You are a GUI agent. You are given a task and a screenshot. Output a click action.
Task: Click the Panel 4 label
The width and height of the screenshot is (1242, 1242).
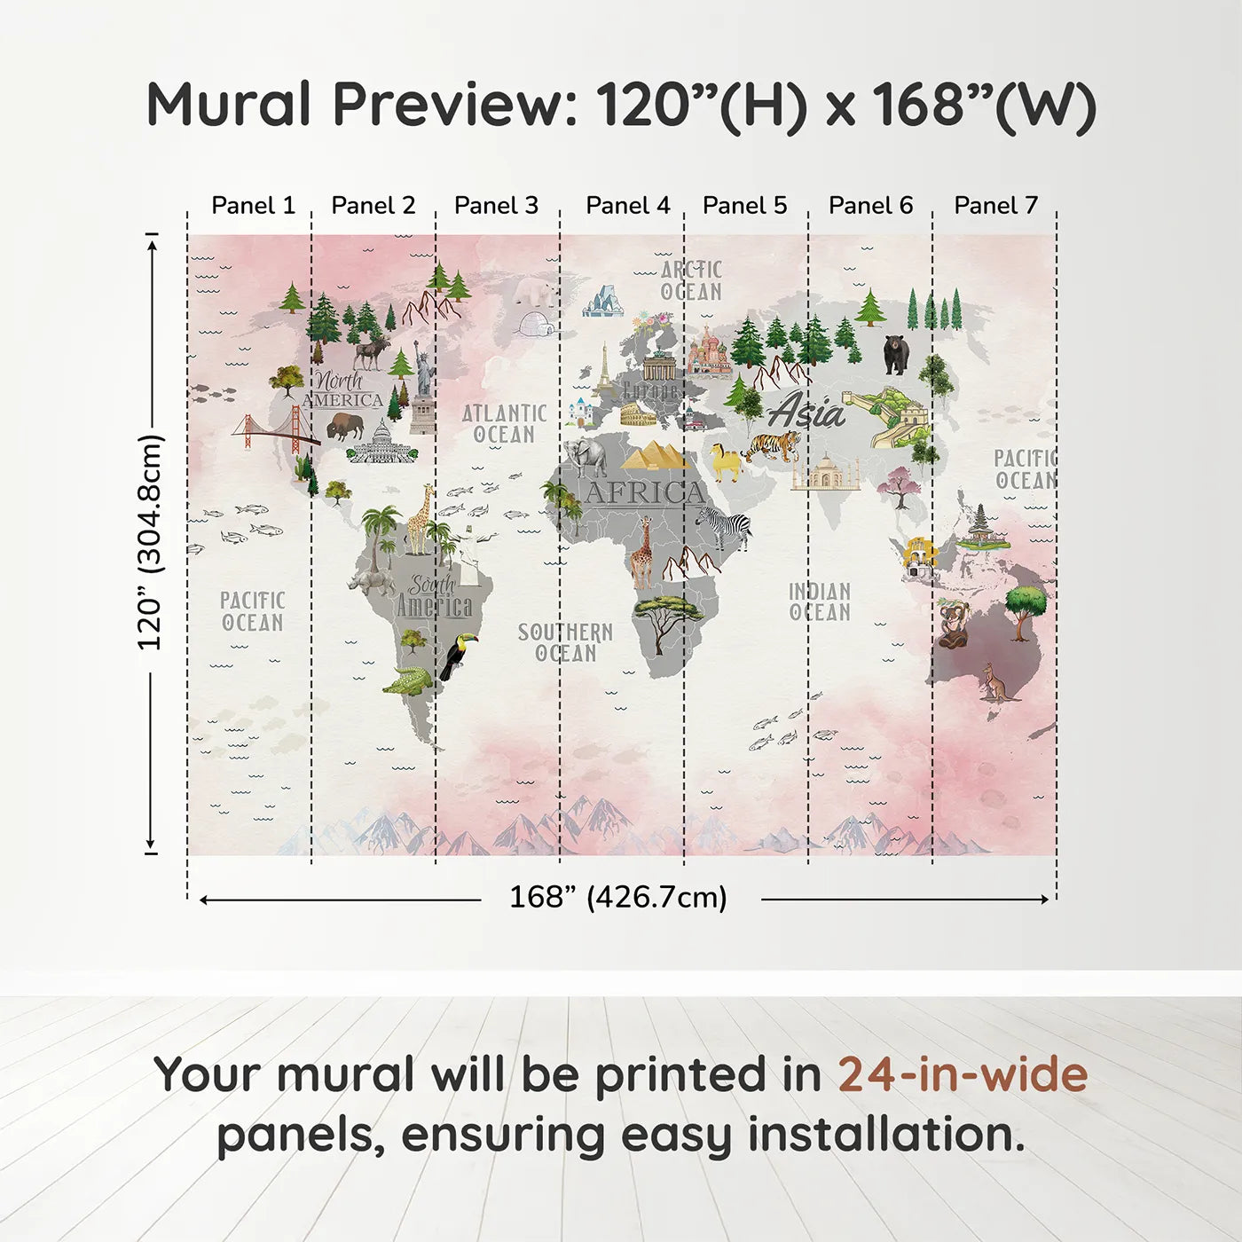pos(627,206)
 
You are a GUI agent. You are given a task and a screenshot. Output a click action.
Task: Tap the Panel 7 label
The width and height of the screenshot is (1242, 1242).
pos(995,206)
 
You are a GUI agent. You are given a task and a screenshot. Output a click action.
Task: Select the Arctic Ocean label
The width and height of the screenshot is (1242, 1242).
pos(691,280)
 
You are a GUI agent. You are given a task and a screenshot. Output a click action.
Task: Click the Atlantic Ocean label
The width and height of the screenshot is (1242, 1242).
pos(504,424)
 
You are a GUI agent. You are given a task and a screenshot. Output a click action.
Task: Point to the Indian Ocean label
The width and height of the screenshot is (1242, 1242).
pos(820,601)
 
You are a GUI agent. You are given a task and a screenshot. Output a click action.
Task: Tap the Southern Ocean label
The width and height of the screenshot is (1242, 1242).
pos(565,642)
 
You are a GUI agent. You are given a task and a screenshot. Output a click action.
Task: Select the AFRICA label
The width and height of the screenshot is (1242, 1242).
pos(644,492)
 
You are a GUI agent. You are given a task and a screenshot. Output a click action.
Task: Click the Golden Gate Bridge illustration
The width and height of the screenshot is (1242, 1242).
pos(275,430)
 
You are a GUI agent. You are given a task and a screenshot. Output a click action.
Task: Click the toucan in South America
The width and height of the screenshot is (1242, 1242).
pos(459,656)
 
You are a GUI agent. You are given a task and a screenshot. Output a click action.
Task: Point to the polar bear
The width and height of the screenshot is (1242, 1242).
pos(536,290)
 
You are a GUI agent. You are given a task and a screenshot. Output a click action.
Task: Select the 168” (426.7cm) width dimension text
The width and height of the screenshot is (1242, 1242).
pos(618,897)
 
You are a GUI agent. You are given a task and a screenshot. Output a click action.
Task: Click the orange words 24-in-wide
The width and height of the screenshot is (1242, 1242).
pos(963,1074)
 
